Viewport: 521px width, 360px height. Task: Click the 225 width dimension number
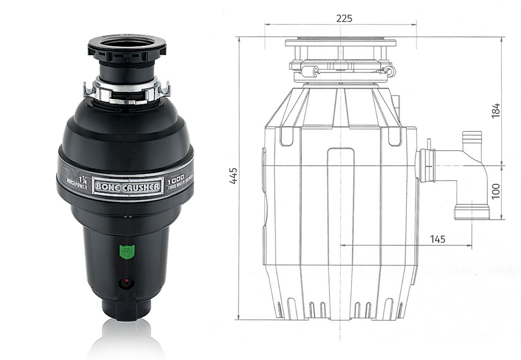(x=344, y=17)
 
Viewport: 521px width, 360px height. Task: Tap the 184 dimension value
(x=495, y=110)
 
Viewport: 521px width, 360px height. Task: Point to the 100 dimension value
(x=495, y=191)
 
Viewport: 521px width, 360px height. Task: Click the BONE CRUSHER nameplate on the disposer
(x=128, y=186)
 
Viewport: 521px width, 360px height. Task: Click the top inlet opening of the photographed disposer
(x=126, y=44)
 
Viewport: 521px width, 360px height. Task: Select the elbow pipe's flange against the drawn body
(x=428, y=164)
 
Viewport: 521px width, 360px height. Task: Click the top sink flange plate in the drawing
(x=341, y=42)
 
